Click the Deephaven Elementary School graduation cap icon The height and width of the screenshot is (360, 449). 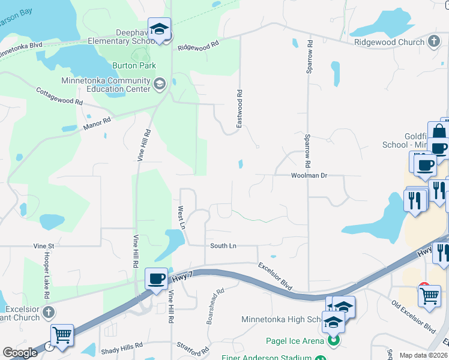160,29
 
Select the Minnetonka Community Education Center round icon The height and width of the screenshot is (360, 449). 159,83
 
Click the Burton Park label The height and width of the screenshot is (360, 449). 134,65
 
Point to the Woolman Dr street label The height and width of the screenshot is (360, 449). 309,176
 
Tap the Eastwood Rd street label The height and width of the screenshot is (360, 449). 239,109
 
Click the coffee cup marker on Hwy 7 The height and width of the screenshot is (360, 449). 157,279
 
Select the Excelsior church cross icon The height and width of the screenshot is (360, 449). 49,313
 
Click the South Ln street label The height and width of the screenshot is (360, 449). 223,246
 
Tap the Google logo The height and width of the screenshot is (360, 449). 20,353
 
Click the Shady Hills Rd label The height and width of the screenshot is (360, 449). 122,346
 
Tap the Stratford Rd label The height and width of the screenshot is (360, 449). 192,347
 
